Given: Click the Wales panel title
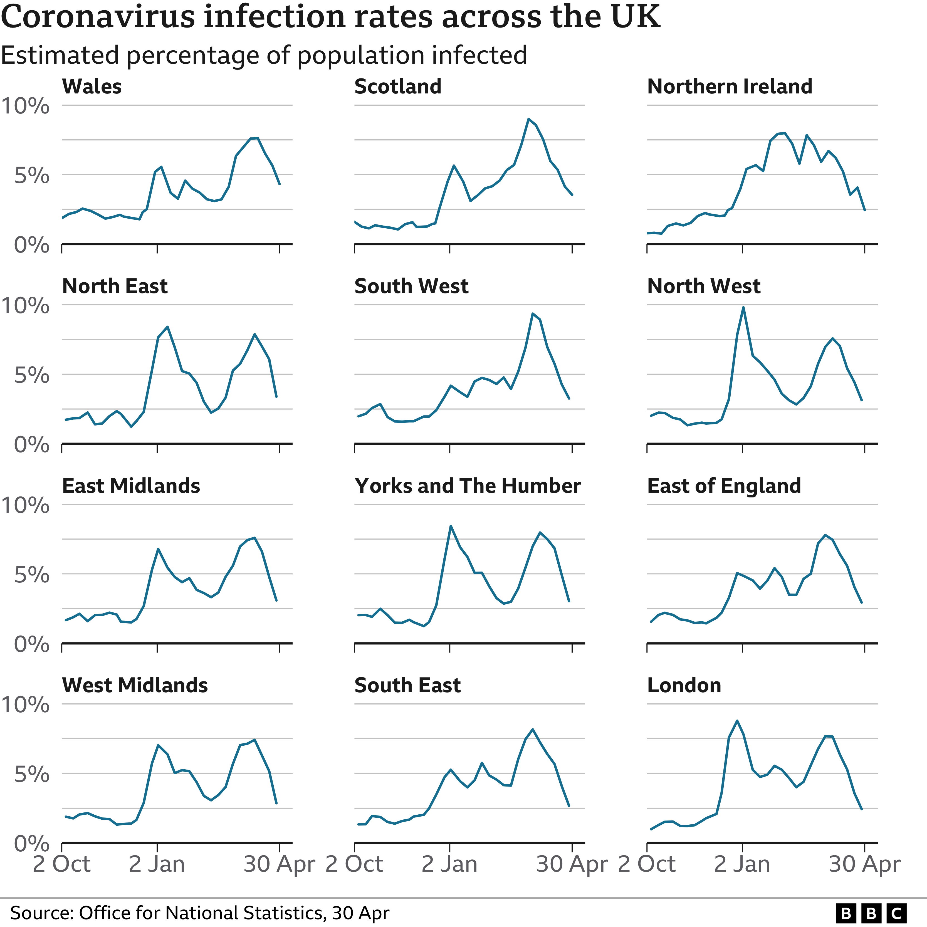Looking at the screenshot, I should click(x=92, y=87).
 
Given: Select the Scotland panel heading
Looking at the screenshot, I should click(x=398, y=87).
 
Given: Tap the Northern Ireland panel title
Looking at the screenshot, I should click(x=729, y=87).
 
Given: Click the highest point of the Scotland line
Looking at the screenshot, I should click(x=528, y=119).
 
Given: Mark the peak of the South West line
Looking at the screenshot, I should click(x=532, y=314).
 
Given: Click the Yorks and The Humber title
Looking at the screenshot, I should click(x=467, y=486).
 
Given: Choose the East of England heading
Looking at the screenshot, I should click(x=724, y=486).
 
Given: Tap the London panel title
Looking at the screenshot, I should click(x=684, y=686).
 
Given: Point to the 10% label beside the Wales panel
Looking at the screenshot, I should click(x=25, y=106).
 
